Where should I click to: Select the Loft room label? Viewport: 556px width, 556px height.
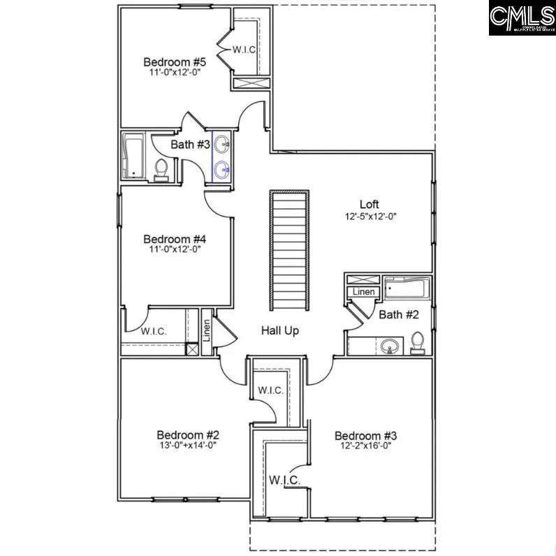(370, 204)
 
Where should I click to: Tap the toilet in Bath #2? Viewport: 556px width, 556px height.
(418, 342)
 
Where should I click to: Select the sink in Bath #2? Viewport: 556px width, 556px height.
(389, 345)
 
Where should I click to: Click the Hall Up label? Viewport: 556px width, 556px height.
(280, 330)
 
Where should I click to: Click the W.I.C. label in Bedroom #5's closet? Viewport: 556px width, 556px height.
(244, 50)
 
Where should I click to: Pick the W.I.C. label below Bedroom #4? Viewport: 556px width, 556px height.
(154, 331)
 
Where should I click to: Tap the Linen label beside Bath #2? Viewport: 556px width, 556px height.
(363, 292)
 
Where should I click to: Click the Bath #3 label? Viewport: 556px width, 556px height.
(191, 145)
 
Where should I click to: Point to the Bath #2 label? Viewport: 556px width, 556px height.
(399, 315)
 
